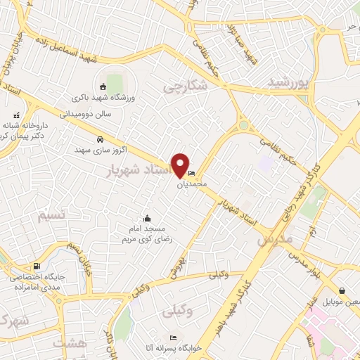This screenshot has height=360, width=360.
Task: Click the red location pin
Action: (179, 165)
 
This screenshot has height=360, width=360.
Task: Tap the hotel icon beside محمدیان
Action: (193, 174)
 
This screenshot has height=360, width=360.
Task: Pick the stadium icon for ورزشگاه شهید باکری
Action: (103, 86)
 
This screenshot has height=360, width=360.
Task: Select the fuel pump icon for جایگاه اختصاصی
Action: (37, 266)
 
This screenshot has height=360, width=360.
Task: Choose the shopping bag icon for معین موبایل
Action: (342, 290)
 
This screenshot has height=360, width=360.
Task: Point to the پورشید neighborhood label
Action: (288, 83)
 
